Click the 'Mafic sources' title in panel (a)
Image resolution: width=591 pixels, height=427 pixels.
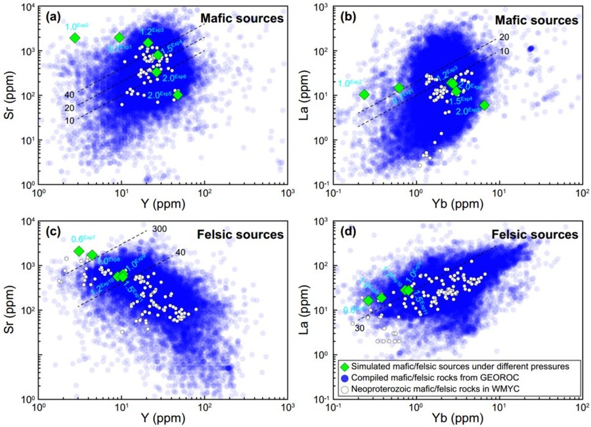coord(246,18)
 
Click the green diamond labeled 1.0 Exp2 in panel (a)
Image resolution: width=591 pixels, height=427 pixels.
coord(75,38)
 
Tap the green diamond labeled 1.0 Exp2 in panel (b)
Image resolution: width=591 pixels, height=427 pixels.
coord(364,95)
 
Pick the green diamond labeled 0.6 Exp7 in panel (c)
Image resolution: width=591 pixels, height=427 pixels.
coord(79,252)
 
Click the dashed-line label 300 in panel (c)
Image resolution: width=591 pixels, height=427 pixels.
coord(159,229)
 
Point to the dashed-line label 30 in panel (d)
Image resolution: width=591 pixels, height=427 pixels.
coord(359,328)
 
